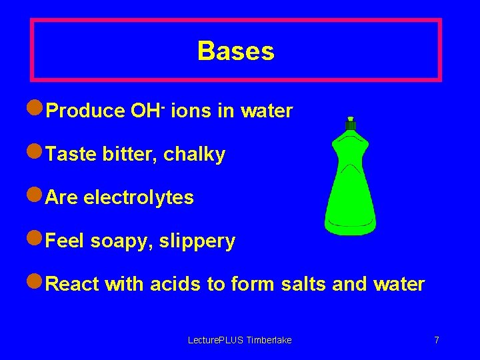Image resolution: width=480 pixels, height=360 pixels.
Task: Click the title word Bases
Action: coord(236,51)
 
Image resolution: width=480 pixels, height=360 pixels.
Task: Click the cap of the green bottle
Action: coord(351,124)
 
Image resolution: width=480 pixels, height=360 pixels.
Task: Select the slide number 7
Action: coord(437,341)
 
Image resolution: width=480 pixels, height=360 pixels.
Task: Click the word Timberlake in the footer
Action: coord(269,341)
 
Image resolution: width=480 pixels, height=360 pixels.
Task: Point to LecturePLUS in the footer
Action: coord(216,341)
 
